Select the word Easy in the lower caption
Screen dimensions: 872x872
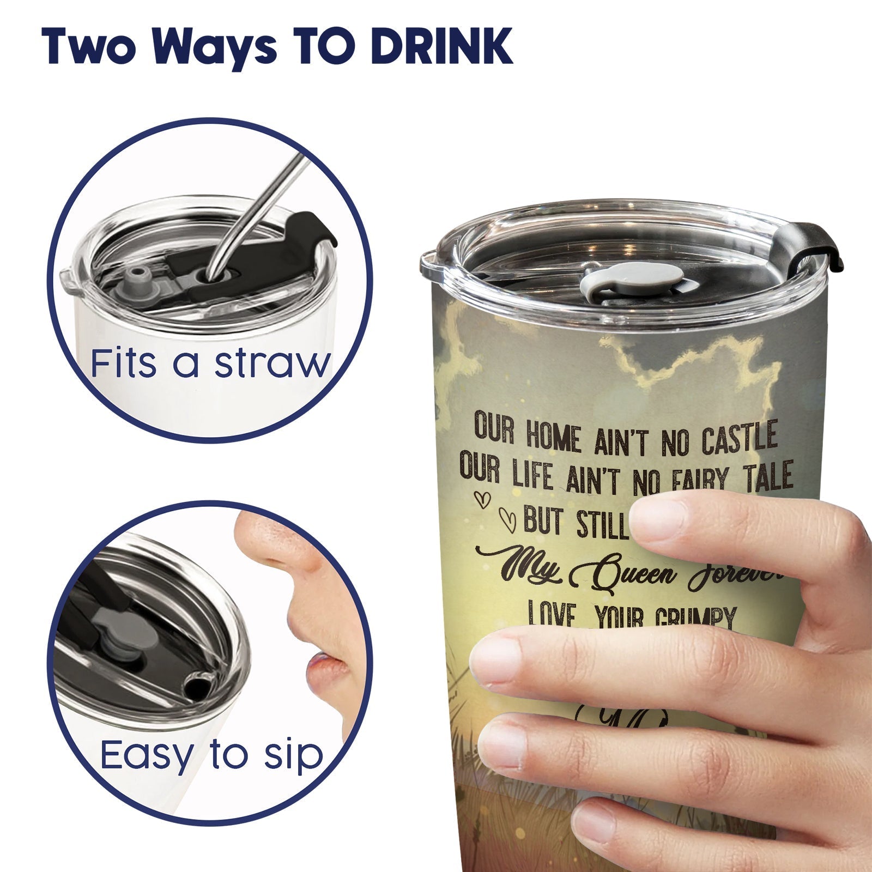(x=146, y=755)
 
